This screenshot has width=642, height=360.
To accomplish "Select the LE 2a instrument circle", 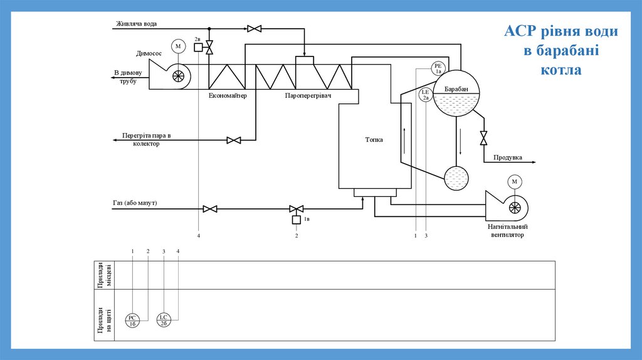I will (426, 95).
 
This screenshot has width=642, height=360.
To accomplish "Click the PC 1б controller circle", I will (132, 320).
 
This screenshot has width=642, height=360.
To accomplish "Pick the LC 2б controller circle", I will (163, 320).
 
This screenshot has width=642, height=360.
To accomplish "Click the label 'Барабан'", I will (456, 89).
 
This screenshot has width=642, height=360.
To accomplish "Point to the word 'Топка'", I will (374, 140).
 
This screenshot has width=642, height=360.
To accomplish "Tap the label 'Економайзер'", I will (228, 96).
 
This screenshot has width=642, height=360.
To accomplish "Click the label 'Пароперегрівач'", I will (307, 96).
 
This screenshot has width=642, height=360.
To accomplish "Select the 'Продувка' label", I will (508, 157).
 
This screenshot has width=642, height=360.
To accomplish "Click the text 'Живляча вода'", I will (136, 24).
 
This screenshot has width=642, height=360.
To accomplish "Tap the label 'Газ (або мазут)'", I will (135, 203).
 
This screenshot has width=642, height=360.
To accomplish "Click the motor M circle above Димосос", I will (178, 46).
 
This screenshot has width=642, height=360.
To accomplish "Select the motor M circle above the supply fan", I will (515, 182).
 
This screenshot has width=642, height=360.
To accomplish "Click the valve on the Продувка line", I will (483, 137).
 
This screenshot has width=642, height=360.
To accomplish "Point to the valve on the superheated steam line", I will (234, 140).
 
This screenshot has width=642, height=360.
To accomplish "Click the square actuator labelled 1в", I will (297, 220).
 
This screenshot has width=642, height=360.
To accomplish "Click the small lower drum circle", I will (456, 178).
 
